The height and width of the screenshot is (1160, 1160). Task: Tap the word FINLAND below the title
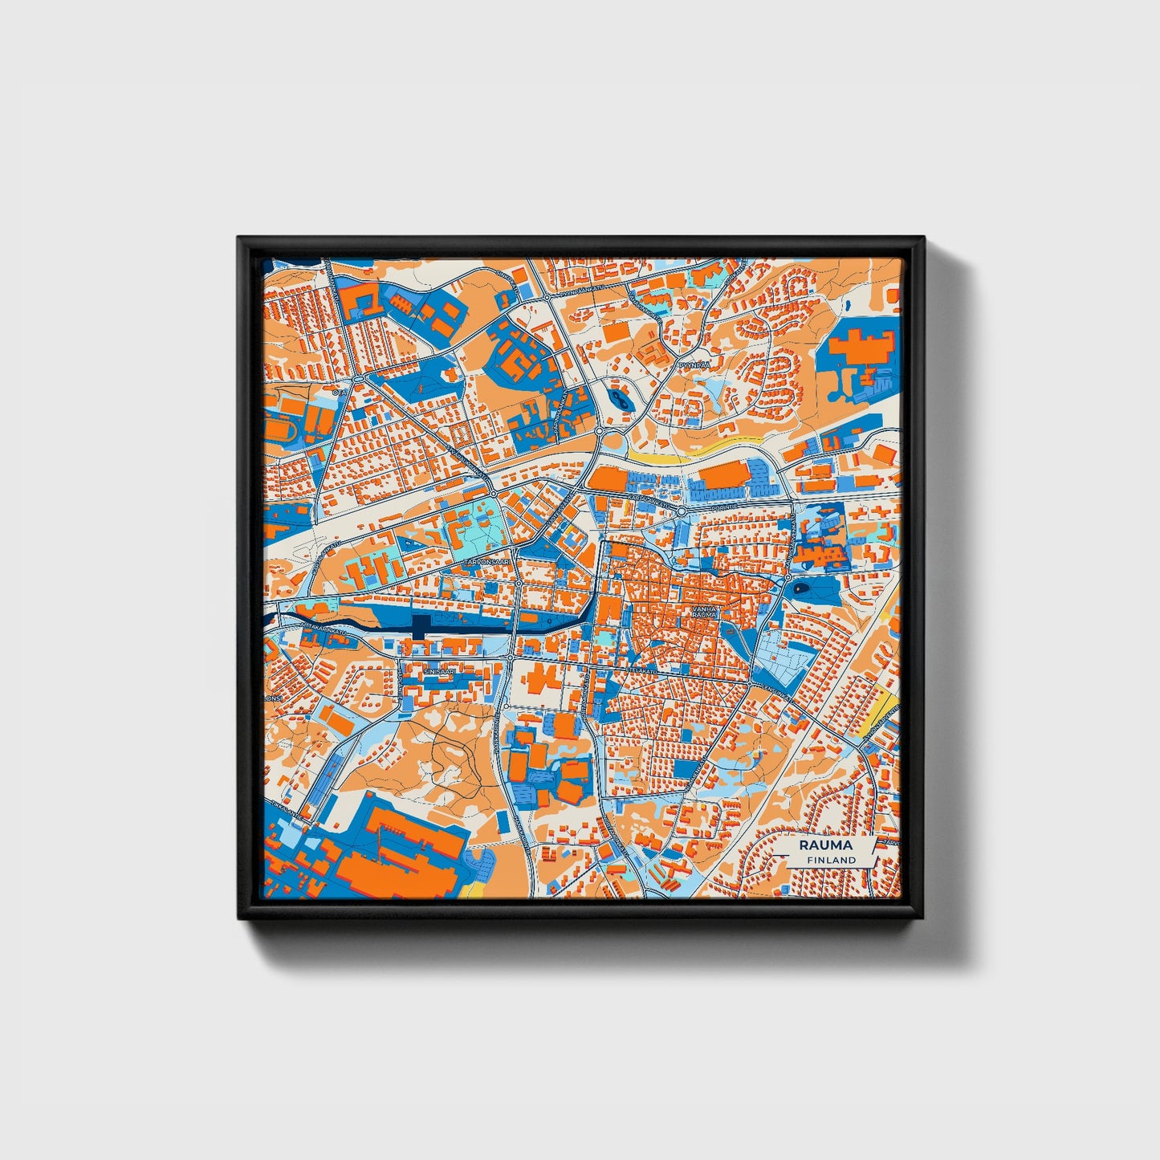point(832,860)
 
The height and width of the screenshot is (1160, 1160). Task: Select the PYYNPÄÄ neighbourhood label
point(691,364)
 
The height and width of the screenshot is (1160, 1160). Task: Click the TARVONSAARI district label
point(486,563)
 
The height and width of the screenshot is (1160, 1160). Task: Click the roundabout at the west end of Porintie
point(682,511)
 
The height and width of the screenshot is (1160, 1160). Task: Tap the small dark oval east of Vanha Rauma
point(802,590)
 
